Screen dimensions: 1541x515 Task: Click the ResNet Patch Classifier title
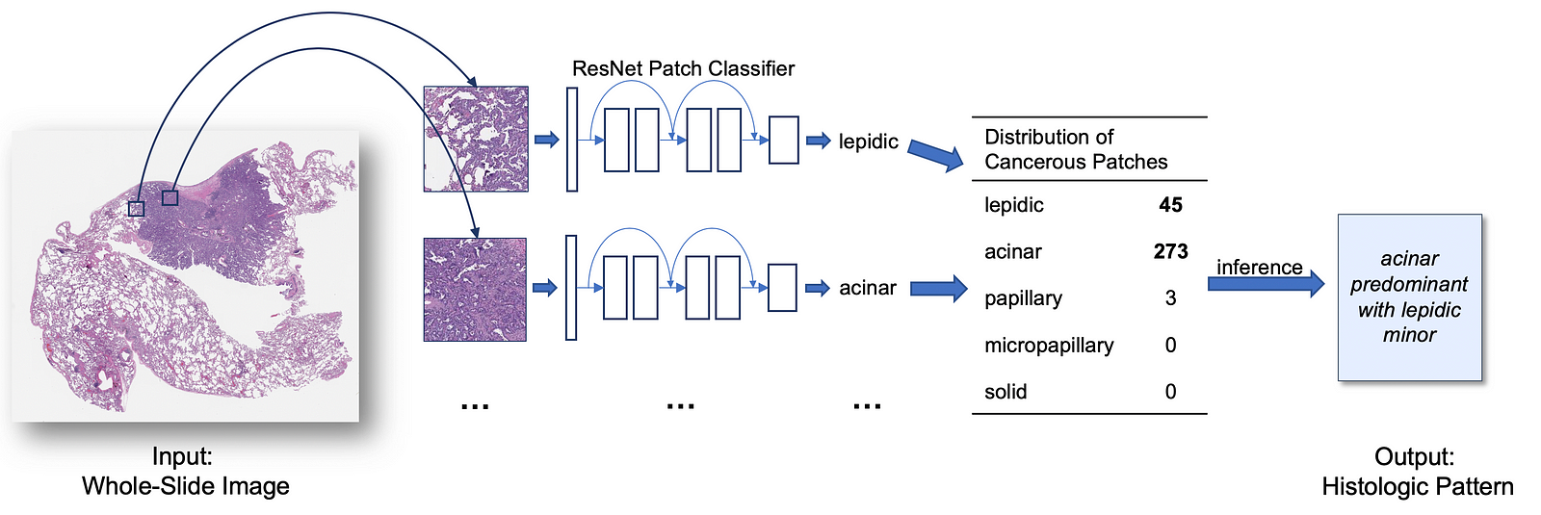pos(683,68)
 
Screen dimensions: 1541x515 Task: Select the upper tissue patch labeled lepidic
pos(476,139)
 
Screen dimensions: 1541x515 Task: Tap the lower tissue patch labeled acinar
pos(476,290)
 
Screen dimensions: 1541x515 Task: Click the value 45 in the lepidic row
pos(1170,205)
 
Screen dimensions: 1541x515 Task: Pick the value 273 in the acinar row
pos(1171,251)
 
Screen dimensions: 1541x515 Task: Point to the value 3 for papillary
pos(1171,298)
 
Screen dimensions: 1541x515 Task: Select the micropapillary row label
pos(1049,346)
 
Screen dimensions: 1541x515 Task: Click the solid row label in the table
pos(1006,392)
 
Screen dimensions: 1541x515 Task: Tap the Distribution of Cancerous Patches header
pos(1076,149)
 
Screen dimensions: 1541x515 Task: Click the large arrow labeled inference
pos(1266,284)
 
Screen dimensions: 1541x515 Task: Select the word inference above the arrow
pos(1260,267)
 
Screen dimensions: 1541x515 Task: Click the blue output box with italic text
pos(1410,297)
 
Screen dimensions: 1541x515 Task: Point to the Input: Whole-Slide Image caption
pos(185,471)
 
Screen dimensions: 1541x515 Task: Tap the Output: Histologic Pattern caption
pos(1417,472)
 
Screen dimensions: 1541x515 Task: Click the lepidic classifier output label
pos(868,142)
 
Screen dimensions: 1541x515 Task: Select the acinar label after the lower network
pos(868,288)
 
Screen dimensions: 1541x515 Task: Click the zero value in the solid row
pos(1171,392)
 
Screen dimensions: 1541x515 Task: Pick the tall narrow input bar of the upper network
pos(572,140)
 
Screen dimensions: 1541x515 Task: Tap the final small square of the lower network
pos(782,288)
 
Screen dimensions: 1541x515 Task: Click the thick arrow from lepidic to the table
pos(935,155)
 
